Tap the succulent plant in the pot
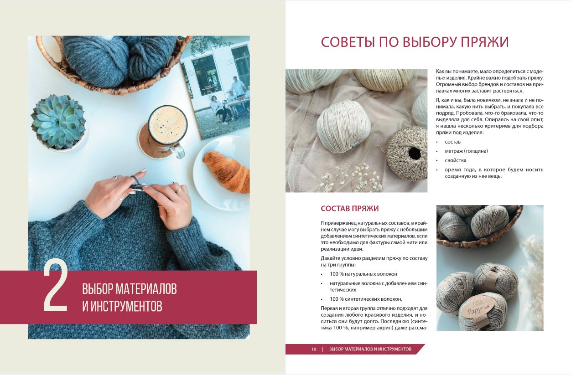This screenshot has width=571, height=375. coord(59,121)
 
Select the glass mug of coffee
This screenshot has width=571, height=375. coord(168,130)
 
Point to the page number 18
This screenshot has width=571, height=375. coord(313,349)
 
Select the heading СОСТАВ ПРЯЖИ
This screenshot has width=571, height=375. coord(350,208)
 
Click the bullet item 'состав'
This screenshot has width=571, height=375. coord(452,142)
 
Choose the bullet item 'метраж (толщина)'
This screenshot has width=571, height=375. coord(466,151)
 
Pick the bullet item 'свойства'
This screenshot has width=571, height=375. coord(456,160)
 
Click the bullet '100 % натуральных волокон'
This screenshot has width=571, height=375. coord(363,274)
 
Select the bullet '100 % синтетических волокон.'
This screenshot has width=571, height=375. coord(366,299)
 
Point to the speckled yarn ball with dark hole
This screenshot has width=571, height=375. coord(407,154)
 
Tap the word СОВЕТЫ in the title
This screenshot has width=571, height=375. coord(348,42)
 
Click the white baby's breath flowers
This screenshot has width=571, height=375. coord(352,178)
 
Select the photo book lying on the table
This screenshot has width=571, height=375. coord(215,88)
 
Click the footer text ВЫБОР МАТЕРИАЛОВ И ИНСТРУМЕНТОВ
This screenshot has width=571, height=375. coord(370,349)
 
